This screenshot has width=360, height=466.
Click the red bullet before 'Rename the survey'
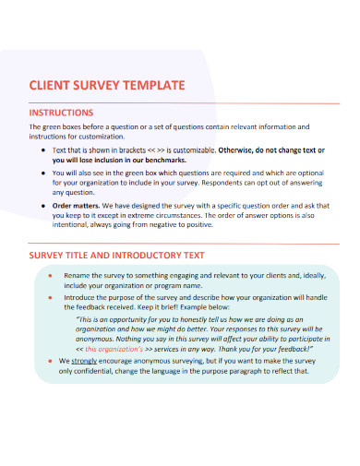point(48,275)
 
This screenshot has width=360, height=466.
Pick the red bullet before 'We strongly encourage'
point(48,387)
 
